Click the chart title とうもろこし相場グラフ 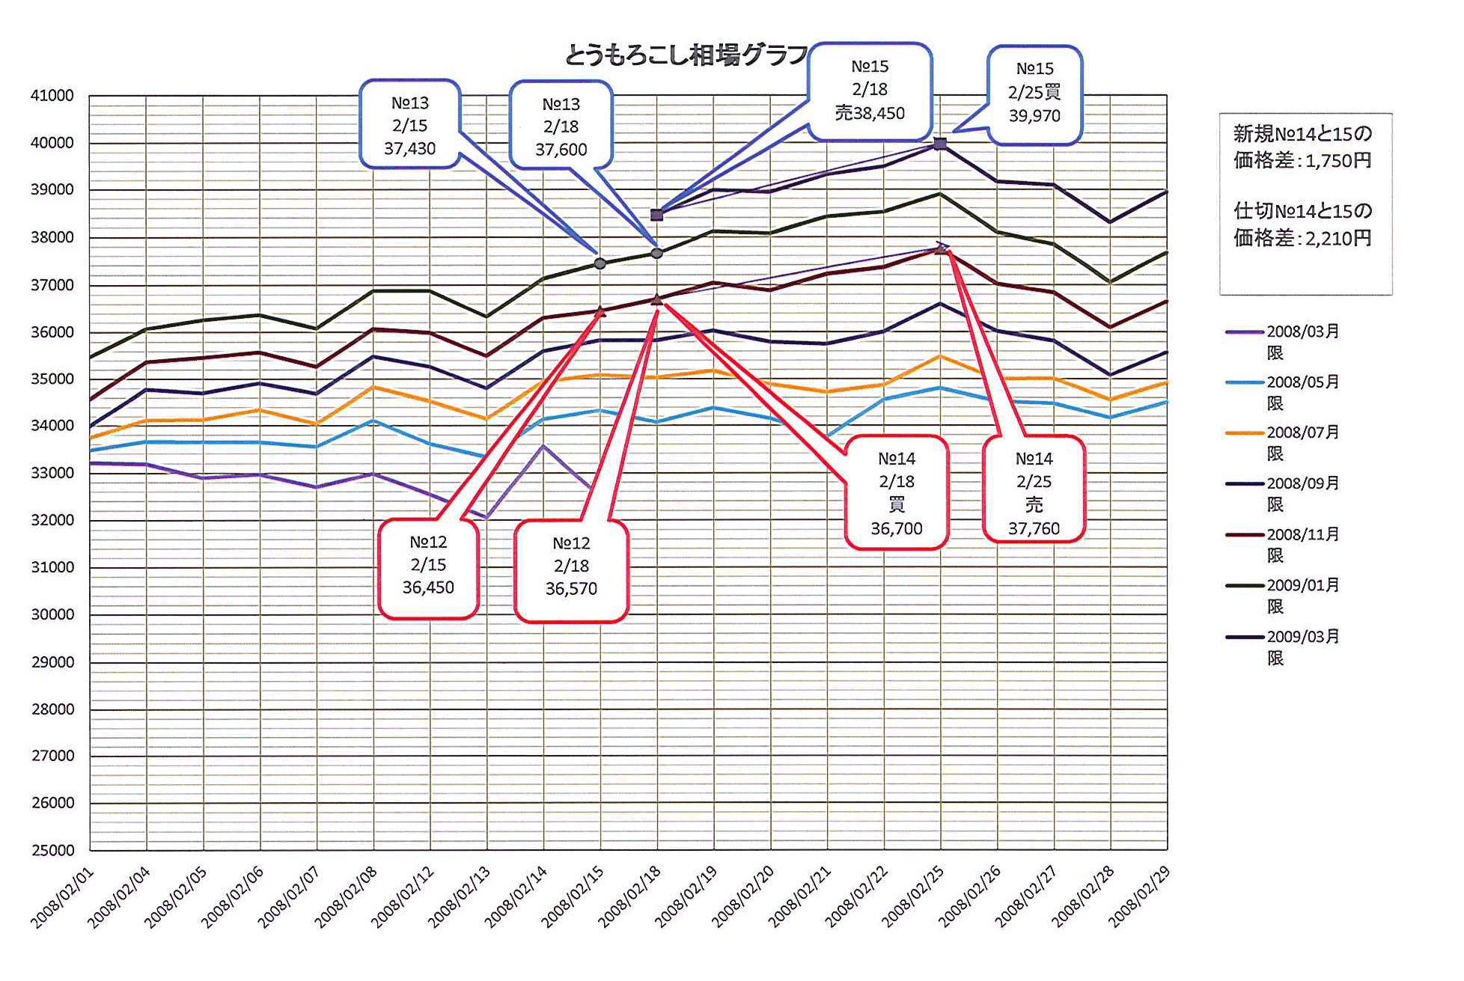click(x=686, y=55)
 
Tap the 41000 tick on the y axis click(x=52, y=96)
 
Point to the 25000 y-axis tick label click(x=52, y=850)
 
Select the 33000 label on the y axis click(x=52, y=473)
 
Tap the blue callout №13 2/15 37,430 click(x=409, y=125)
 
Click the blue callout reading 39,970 click(x=1034, y=94)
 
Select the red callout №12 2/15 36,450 click(x=428, y=567)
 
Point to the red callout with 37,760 click(x=1034, y=491)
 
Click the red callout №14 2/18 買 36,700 click(x=897, y=492)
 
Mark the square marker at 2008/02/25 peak click(x=940, y=144)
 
